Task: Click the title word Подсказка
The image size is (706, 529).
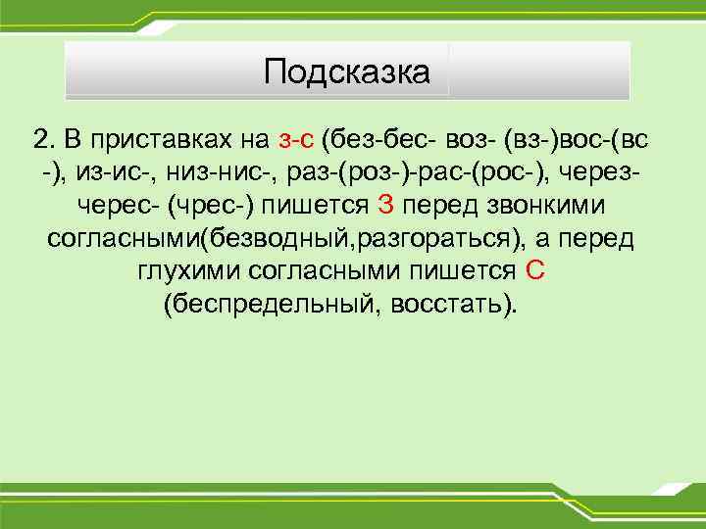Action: click(347, 72)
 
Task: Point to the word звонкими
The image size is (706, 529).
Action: click(555, 206)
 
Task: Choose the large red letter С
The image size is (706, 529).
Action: click(534, 271)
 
